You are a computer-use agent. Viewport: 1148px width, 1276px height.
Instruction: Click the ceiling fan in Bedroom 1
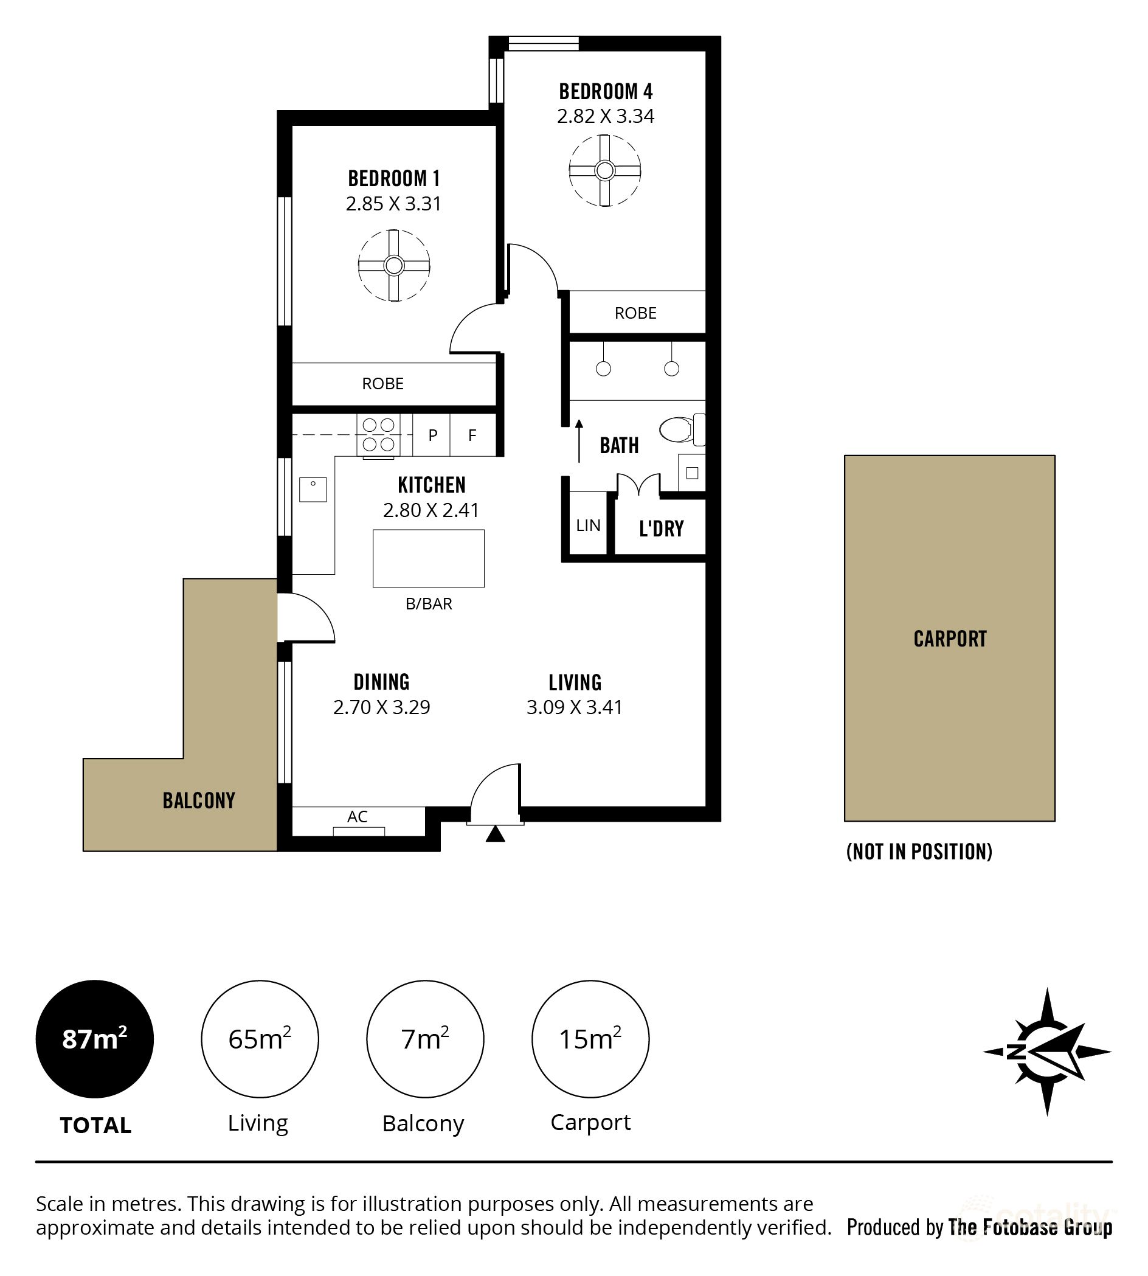click(x=393, y=266)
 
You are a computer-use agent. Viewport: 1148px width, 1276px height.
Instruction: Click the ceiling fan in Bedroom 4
click(x=605, y=170)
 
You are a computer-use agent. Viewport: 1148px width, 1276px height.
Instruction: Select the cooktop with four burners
click(x=378, y=435)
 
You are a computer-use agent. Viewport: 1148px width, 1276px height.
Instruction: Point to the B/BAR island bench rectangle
click(x=428, y=558)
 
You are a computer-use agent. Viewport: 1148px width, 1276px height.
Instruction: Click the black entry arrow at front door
click(x=495, y=834)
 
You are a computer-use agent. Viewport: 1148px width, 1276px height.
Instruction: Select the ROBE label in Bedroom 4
click(x=635, y=313)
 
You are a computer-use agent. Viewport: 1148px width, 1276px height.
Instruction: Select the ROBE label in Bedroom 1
click(x=382, y=384)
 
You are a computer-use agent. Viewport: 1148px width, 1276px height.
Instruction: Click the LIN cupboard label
click(x=588, y=525)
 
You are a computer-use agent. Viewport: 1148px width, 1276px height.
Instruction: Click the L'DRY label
click(x=661, y=528)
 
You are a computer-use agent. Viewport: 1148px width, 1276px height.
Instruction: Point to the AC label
click(x=357, y=817)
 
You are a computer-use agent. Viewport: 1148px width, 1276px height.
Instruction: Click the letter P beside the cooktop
click(x=433, y=435)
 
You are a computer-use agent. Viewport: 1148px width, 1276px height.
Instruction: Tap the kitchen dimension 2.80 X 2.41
click(x=431, y=510)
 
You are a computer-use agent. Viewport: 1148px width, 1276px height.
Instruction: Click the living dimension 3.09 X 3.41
click(x=574, y=707)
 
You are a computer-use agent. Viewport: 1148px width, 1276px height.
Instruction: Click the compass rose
click(x=1046, y=1052)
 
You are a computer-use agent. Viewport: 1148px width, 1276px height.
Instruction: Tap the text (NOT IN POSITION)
click(x=919, y=852)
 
